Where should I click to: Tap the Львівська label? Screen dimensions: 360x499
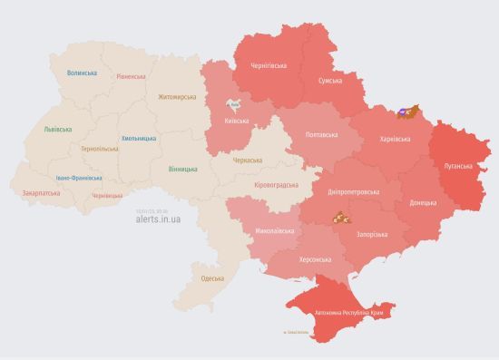coord(57,130)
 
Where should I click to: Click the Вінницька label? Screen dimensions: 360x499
coord(184,169)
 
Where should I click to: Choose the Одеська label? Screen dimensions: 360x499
coord(212,277)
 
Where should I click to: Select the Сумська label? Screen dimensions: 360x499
coord(329,82)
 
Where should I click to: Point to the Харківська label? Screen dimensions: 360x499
coord(394,139)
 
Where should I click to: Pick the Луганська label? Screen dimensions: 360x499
coord(458,166)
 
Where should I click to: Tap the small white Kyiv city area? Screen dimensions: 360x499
coord(233,104)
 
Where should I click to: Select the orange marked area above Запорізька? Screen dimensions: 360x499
coord(339,218)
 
